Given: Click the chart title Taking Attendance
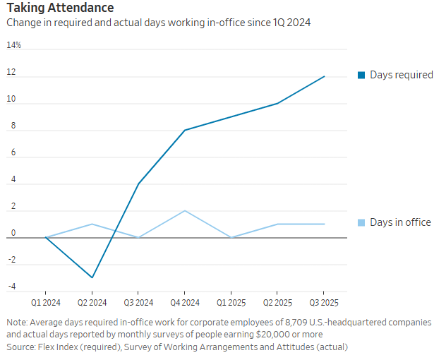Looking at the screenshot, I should coord(59,8).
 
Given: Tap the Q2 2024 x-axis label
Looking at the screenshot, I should coord(92,302).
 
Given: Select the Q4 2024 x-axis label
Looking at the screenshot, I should coord(184,302).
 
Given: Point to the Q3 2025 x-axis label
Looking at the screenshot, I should coord(323,302).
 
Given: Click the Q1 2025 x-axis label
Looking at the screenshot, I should coord(231,302).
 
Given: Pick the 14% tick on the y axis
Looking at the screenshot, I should coord(14,45).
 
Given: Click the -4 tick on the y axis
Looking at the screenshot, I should coord(11,287).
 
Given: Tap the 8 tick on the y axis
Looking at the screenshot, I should coord(11,126).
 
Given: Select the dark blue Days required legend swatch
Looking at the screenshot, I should coord(361,75).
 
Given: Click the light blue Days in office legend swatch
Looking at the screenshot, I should coord(361,222).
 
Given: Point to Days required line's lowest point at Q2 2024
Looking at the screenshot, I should coord(92,277).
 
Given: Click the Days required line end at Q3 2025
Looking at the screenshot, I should coord(324,76).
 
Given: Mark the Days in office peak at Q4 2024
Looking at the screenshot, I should coord(184,211).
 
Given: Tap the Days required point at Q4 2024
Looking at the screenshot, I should coord(184,130).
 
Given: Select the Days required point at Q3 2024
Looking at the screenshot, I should coord(138,184).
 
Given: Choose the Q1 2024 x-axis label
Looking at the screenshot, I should coord(46,302).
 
